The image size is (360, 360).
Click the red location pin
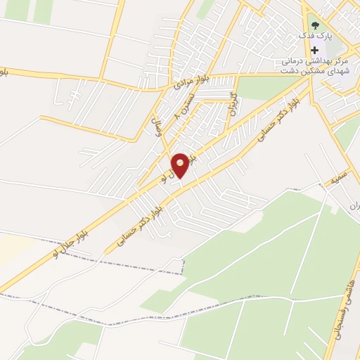click(x=180, y=165)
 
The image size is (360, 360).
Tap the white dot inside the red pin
click(x=180, y=162)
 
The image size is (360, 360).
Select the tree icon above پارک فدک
click(x=314, y=25)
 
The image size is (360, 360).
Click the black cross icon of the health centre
click(x=314, y=50)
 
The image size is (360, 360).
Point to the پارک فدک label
click(x=313, y=36)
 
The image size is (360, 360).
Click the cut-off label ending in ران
click(x=355, y=206)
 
